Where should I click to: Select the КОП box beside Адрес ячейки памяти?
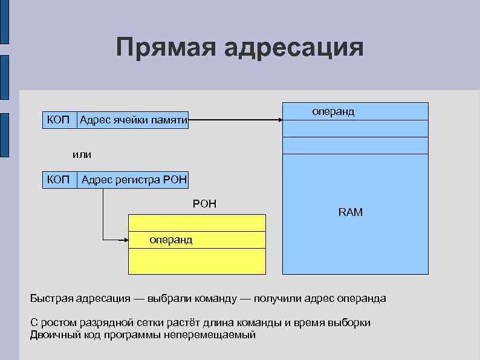pos(59,120)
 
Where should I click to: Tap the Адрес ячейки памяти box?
pos(133,120)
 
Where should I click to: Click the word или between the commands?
pos(82,154)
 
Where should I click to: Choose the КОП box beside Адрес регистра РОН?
pos(60,179)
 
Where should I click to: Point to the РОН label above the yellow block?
pos(204,204)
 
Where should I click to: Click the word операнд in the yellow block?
pos(171,240)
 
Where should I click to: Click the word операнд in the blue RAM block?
pos(333,112)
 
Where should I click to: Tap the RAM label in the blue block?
pos(351,213)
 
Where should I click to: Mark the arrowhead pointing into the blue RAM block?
pos(281,120)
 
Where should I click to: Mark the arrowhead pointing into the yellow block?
pos(126,240)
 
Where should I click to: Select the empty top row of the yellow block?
pos(197,223)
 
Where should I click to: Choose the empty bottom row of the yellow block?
pos(197,261)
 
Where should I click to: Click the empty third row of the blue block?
pos(355,146)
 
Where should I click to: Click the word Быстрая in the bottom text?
pos(51,299)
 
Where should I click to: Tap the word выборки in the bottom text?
pos(349,323)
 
